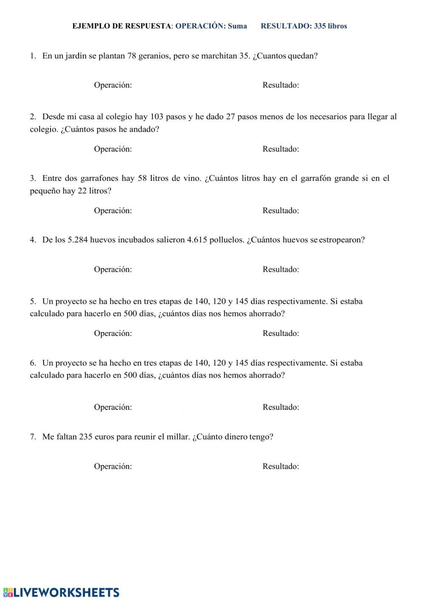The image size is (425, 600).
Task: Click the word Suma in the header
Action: pyautogui.click(x=237, y=26)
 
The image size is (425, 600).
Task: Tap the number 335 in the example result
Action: pyautogui.click(x=320, y=26)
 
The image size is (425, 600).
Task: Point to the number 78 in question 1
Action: pyautogui.click(x=132, y=56)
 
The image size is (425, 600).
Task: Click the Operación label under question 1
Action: pyautogui.click(x=113, y=85)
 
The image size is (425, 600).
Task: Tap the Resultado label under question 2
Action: pyautogui.click(x=280, y=149)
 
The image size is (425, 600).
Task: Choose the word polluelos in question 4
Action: pyautogui.click(x=227, y=239)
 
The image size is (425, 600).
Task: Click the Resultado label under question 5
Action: pyautogui.click(x=280, y=333)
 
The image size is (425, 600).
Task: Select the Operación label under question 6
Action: pyautogui.click(x=113, y=407)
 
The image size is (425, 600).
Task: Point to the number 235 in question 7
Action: pyautogui.click(x=86, y=437)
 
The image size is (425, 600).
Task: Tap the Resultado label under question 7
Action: pyautogui.click(x=280, y=466)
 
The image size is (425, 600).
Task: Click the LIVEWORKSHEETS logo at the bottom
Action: pyautogui.click(x=61, y=592)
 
